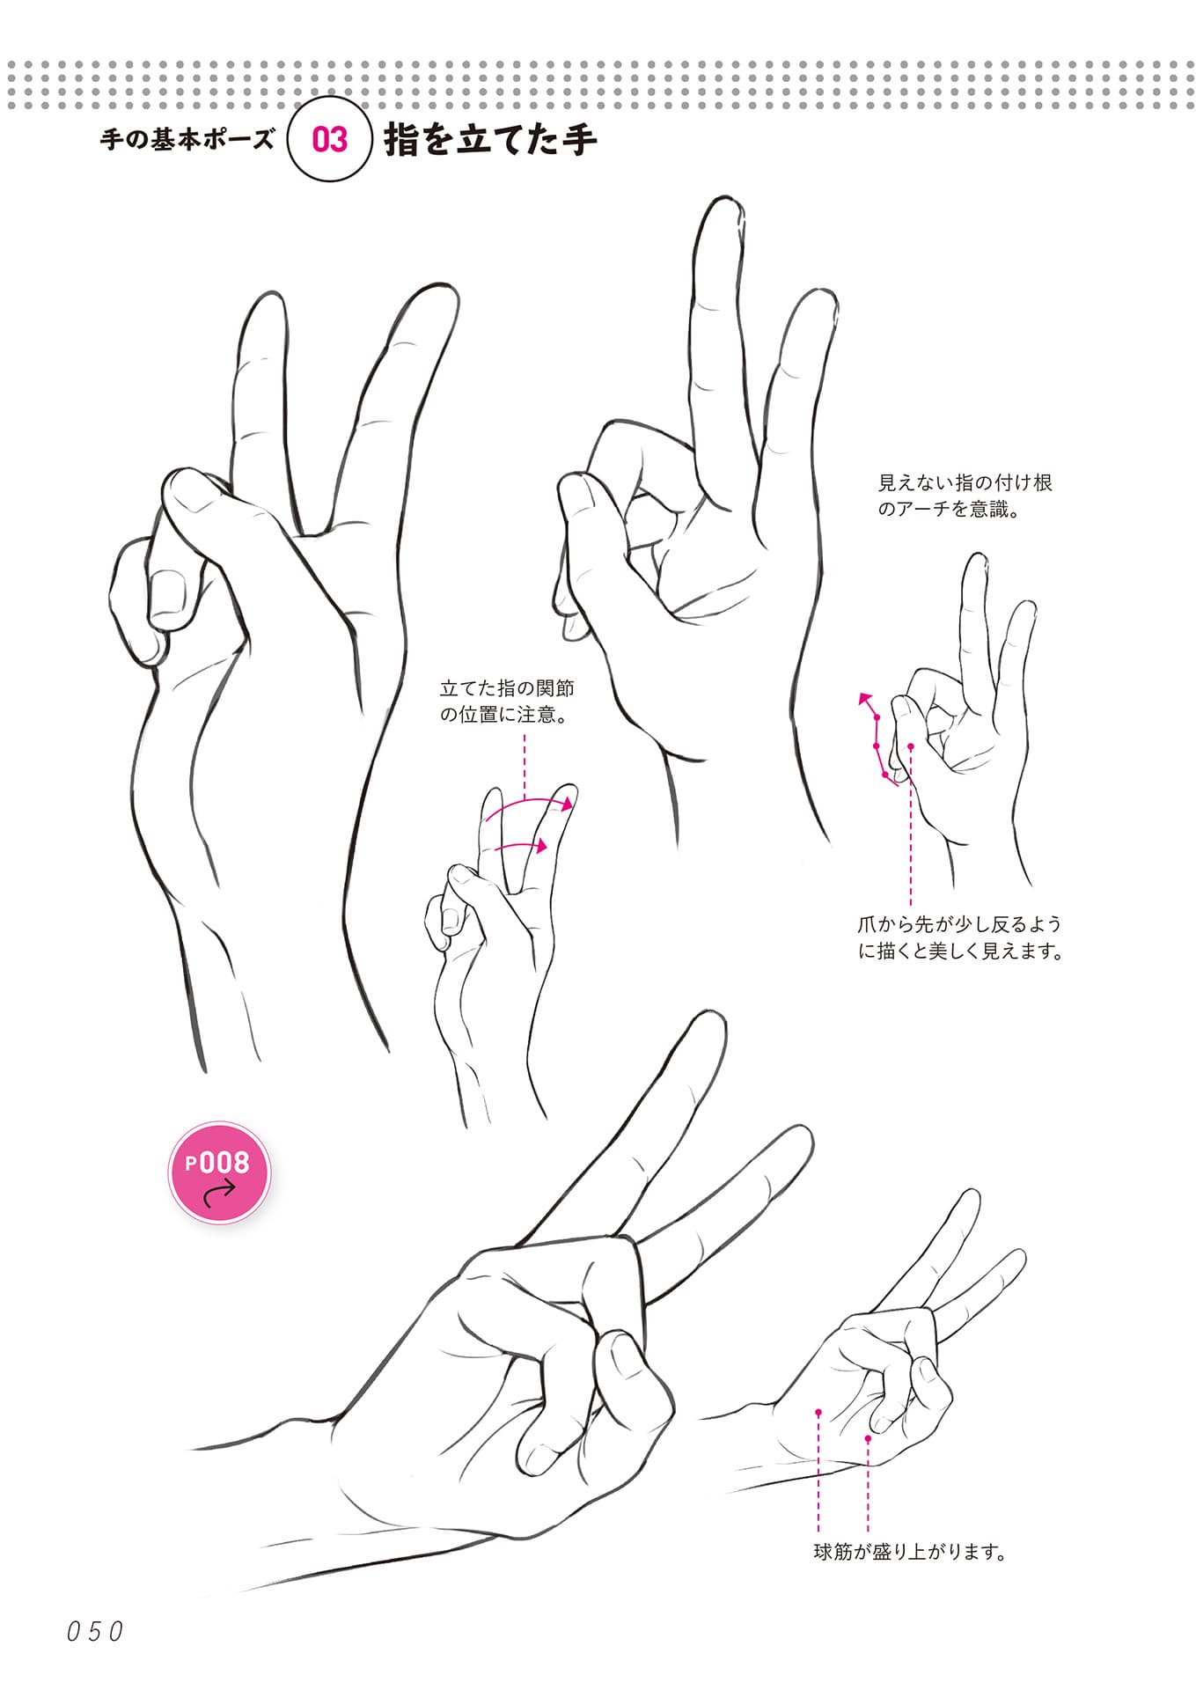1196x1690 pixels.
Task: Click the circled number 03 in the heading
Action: [330, 139]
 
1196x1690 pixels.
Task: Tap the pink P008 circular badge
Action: [219, 1172]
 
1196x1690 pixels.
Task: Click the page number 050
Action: [95, 1631]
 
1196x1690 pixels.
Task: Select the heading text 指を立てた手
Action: [490, 140]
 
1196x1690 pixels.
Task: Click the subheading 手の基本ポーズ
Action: [187, 139]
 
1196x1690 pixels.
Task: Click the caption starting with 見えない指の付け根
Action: [965, 496]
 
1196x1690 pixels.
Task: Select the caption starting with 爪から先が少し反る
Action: [960, 937]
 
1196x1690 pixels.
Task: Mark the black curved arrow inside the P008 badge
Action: [219, 1192]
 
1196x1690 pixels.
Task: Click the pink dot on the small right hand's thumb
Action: [911, 746]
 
